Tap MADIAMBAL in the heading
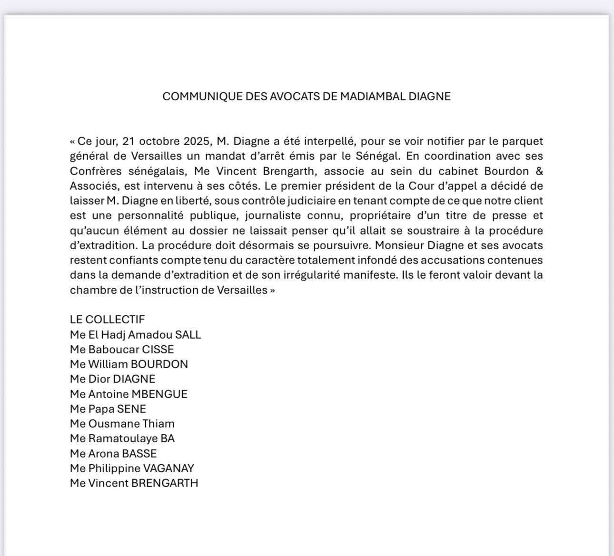pos(374,97)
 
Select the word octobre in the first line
pos(157,141)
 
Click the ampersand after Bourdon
pos(539,171)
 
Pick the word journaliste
pos(273,215)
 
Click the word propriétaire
pos(384,215)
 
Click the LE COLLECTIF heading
pos(107,320)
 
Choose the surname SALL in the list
pos(188,334)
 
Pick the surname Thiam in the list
pos(159,424)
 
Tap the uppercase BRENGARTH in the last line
pos(165,483)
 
